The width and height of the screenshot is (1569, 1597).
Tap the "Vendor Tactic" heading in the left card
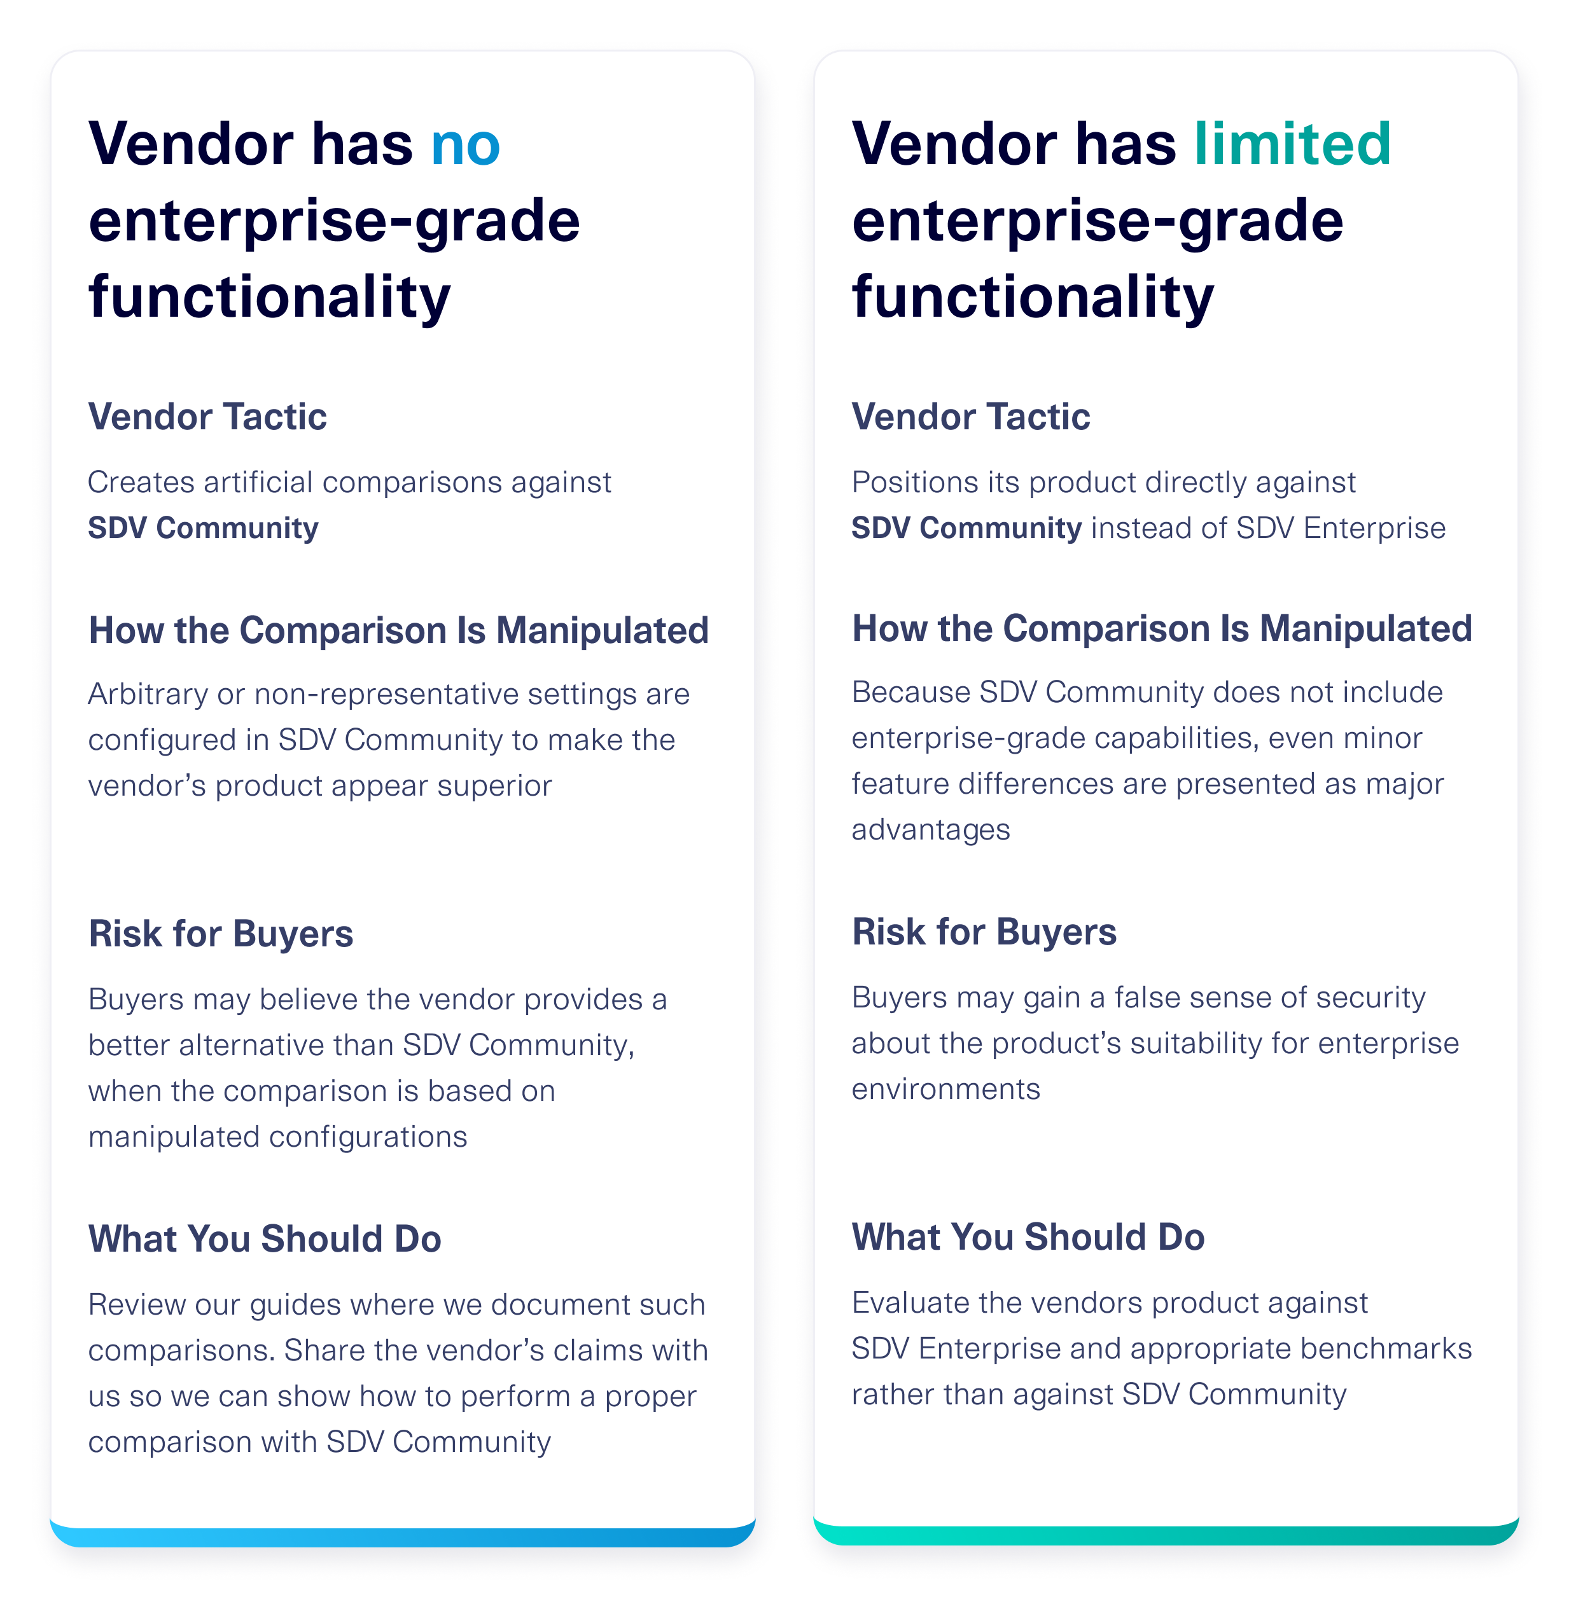pos(207,417)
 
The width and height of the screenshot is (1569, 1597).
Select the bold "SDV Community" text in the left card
pos(203,528)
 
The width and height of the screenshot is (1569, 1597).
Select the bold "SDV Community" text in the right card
pos(966,528)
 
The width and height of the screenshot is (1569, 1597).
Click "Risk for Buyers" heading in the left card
pos(220,934)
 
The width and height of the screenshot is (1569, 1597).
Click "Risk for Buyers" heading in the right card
pos(984,932)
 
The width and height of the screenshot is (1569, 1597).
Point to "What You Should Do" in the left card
pos(265,1239)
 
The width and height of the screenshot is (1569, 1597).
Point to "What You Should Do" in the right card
pos(1028,1237)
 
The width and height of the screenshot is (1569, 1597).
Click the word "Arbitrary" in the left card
pos(148,695)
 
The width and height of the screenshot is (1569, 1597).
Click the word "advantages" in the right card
pos(930,830)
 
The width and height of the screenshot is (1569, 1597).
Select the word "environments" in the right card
pos(945,1089)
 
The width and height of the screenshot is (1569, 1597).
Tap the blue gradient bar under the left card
pos(402,1537)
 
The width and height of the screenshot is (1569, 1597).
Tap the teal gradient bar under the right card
pos(1165,1535)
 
